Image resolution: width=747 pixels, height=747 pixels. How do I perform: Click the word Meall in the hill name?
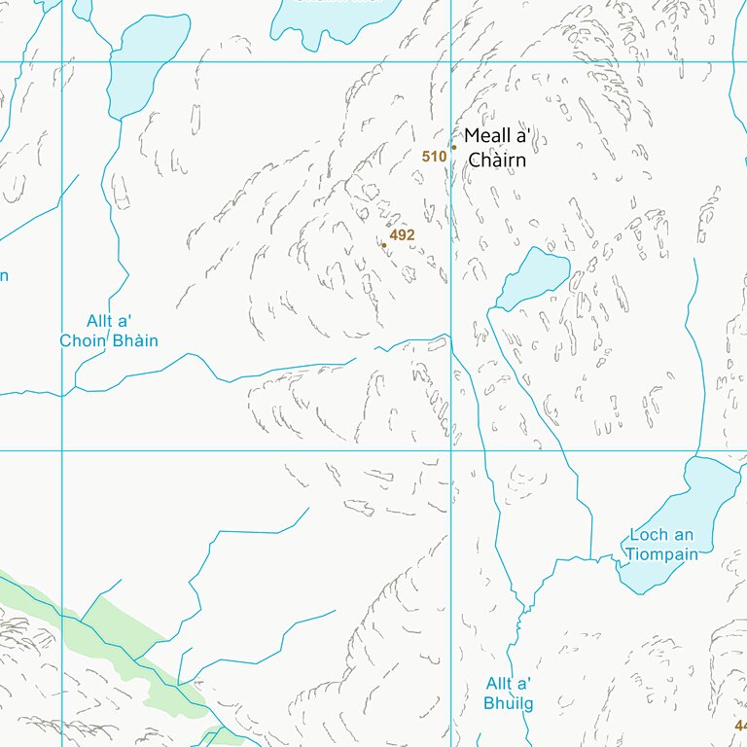pyautogui.click(x=487, y=136)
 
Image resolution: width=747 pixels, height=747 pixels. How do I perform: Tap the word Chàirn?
pyautogui.click(x=497, y=160)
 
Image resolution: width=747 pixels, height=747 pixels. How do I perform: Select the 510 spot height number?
pyautogui.click(x=434, y=157)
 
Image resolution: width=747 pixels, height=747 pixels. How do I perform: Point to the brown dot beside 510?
pyautogui.click(x=453, y=148)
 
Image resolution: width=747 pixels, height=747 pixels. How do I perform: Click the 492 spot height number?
pyautogui.click(x=402, y=235)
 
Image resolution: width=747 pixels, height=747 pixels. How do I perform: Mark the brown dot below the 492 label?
pyautogui.click(x=383, y=245)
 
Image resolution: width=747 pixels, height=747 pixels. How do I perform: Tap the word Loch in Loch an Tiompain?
pyautogui.click(x=649, y=535)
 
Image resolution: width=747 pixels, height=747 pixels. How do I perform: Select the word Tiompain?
pyautogui.click(x=661, y=554)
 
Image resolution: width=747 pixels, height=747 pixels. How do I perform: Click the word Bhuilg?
pyautogui.click(x=509, y=703)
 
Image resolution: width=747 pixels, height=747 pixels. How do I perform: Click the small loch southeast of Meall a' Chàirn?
pyautogui.click(x=532, y=276)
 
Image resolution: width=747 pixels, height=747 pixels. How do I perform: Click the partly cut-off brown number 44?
pyautogui.click(x=740, y=726)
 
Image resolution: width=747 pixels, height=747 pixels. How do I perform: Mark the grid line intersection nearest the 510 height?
pyautogui.click(x=450, y=62)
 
